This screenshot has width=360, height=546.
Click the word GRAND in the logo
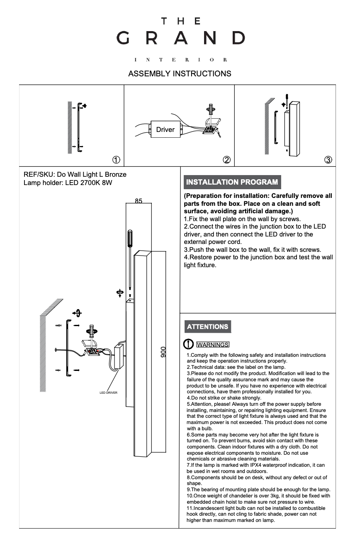pos(180,38)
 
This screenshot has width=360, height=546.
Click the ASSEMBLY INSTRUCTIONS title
pos(180,74)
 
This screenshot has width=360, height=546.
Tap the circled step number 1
pos(117,160)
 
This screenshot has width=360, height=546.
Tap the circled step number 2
pos(226,160)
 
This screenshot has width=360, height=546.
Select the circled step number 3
pos(328,160)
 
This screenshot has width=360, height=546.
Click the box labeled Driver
pos(165,129)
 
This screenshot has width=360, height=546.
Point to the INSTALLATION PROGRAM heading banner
pos(232,182)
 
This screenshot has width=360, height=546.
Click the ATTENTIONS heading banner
pos(207,327)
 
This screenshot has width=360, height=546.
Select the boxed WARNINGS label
pos(212,345)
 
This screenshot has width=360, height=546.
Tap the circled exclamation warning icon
pos(188,344)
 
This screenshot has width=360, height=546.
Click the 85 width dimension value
pos(139,201)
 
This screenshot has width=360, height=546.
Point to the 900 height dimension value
pos(163,352)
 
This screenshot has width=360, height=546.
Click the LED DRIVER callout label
pos(109,392)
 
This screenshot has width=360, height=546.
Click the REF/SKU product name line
pos(75,175)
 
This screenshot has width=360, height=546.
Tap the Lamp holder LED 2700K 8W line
pos(68,183)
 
